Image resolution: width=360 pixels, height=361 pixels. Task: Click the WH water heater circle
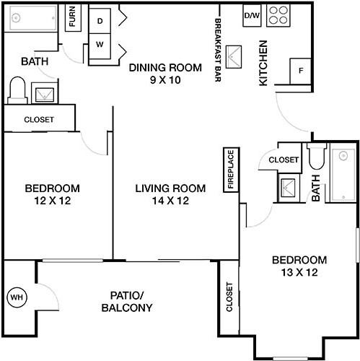click(17, 297)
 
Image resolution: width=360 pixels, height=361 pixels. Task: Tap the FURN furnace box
click(73, 17)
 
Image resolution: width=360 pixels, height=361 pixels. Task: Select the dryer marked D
click(100, 21)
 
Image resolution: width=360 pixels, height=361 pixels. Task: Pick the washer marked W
click(100, 45)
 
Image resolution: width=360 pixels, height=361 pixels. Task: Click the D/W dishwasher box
click(252, 16)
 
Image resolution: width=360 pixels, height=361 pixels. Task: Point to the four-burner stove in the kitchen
click(278, 16)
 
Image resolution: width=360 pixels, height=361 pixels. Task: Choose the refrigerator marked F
click(300, 71)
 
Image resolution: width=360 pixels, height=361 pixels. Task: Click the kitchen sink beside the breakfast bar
click(234, 57)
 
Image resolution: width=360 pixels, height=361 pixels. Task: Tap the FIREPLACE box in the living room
click(231, 170)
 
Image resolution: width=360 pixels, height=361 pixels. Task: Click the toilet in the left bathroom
click(17, 90)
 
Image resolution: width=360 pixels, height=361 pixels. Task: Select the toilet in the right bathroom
click(317, 156)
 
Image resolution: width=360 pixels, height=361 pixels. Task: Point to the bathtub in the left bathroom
click(31, 18)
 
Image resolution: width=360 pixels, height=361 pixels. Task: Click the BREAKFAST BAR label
click(218, 50)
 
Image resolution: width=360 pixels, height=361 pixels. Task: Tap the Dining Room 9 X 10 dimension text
click(165, 80)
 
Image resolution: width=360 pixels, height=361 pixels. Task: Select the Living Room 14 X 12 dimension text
click(170, 201)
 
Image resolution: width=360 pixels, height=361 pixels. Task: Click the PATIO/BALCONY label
click(127, 302)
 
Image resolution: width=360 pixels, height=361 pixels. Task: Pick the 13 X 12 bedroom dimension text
click(299, 272)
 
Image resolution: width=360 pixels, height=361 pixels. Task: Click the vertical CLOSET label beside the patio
click(229, 297)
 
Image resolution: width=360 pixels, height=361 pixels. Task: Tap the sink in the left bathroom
click(45, 94)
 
